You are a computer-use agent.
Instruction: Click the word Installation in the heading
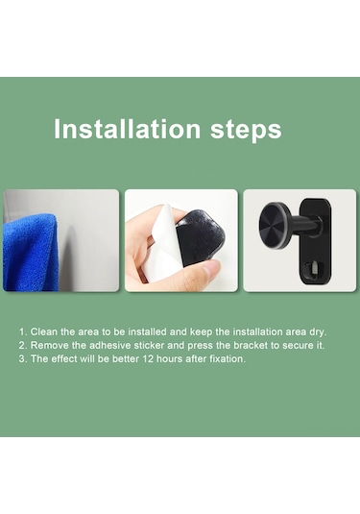click(127, 129)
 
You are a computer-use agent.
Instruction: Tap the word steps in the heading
click(246, 131)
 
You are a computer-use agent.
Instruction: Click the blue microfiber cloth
click(31, 253)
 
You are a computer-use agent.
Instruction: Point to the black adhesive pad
click(196, 236)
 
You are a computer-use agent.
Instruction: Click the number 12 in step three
click(148, 358)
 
